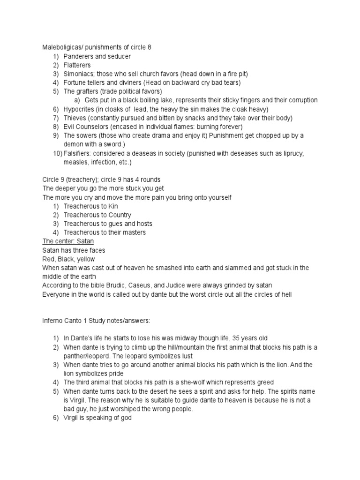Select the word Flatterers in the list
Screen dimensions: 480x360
(77, 65)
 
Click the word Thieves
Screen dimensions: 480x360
(75, 118)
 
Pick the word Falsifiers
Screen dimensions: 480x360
(77, 153)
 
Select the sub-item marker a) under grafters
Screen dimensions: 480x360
(78, 100)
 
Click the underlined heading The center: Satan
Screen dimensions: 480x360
(68, 241)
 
